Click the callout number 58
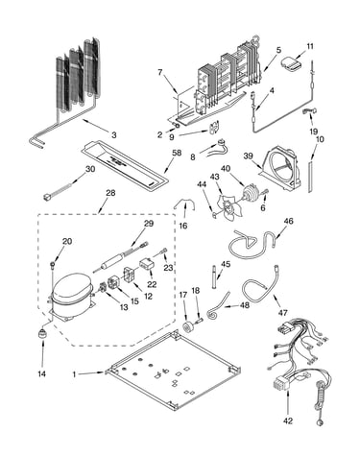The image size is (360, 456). pos(177,153)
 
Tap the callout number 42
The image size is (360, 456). pos(288,420)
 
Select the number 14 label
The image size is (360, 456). pos(41,373)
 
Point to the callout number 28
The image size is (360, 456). pos(110,193)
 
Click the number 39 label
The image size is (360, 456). pos(248,156)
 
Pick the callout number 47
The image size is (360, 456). pos(283,312)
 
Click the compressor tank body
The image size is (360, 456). pos(70,295)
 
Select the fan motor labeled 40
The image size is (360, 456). pos(250,193)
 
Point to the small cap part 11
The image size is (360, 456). pos(292,63)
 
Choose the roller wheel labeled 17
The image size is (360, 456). pos(187,327)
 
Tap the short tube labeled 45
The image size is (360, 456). pos(213,276)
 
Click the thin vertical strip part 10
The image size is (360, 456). pos(310,177)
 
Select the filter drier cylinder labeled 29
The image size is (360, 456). pos(112,259)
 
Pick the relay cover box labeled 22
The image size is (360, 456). pos(147,264)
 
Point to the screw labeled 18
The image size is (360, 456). pos(200,320)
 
